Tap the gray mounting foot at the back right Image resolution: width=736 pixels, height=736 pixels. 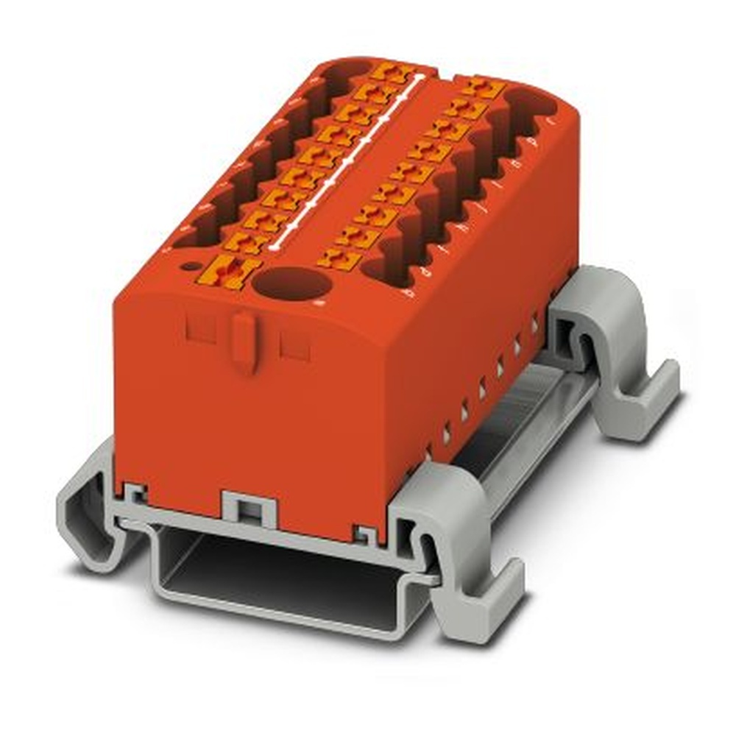tap(618, 353)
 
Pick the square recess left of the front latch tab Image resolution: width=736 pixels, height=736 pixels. tap(200, 327)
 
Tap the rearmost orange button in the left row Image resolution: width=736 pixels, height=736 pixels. tap(391, 74)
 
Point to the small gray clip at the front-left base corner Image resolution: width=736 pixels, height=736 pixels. tap(135, 493)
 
